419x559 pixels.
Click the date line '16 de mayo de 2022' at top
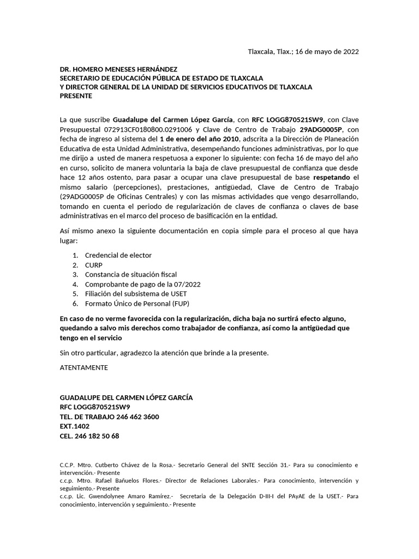pyautogui.click(x=327, y=52)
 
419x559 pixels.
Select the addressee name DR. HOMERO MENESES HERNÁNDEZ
pyautogui.click(x=118, y=69)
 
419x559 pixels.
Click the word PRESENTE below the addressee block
pyautogui.click(x=76, y=96)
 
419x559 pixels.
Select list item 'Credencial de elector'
pyautogui.click(x=118, y=255)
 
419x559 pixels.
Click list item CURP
pyautogui.click(x=93, y=265)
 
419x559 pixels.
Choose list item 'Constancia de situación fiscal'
pyautogui.click(x=130, y=274)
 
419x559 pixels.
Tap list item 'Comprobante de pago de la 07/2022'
pyautogui.click(x=142, y=284)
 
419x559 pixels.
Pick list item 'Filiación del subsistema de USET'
pyautogui.click(x=136, y=294)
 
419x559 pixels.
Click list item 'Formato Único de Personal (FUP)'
pyautogui.click(x=137, y=304)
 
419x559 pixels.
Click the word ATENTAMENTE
pyautogui.click(x=83, y=367)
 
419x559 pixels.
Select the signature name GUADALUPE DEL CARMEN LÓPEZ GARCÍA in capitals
pyautogui.click(x=126, y=397)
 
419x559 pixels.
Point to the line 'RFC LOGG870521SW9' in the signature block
pyautogui.click(x=94, y=407)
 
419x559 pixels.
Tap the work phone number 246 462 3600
pyautogui.click(x=138, y=417)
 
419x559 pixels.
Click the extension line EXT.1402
pyautogui.click(x=74, y=426)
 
